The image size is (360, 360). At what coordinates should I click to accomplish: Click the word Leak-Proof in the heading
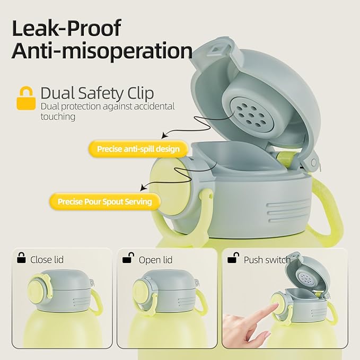point(66,28)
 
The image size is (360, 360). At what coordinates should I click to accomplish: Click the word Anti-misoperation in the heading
point(102,51)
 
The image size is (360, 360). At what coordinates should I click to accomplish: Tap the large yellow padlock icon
point(26,98)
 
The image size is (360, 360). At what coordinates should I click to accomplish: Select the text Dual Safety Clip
point(97,93)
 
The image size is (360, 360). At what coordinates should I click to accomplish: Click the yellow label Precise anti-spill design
point(138,149)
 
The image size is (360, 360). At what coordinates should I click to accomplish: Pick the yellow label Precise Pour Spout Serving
point(104,201)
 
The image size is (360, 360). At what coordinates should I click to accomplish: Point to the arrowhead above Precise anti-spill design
point(164,135)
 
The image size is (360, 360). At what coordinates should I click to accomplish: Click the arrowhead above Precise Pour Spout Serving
point(143,188)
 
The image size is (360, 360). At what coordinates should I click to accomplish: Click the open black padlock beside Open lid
point(128,258)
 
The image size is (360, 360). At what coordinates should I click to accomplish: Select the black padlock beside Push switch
point(233,258)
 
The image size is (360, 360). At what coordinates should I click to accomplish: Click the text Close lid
point(47,260)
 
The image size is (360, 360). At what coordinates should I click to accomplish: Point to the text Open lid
point(155,260)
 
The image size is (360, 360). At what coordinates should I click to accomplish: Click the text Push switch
point(267,260)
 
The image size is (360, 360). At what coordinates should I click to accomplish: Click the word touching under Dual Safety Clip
point(58,117)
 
